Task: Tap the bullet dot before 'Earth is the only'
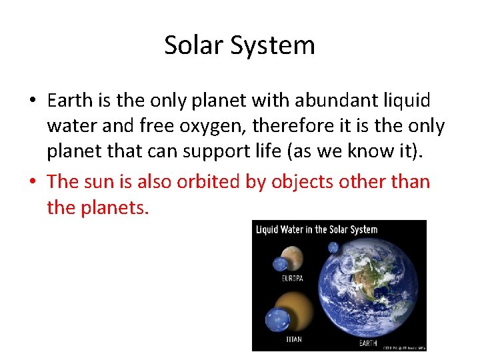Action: [x=32, y=101]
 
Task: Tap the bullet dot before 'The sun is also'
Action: [x=32, y=182]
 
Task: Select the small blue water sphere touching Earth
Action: [x=333, y=248]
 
